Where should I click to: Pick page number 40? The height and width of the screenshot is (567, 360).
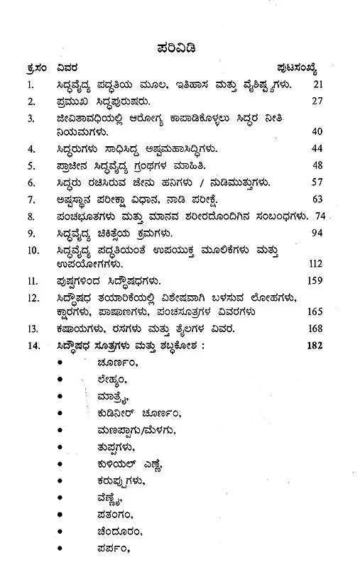point(319,133)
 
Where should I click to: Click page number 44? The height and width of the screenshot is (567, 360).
point(319,149)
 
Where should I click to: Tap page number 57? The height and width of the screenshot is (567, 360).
point(319,182)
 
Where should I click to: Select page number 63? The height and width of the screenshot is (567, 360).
point(319,198)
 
